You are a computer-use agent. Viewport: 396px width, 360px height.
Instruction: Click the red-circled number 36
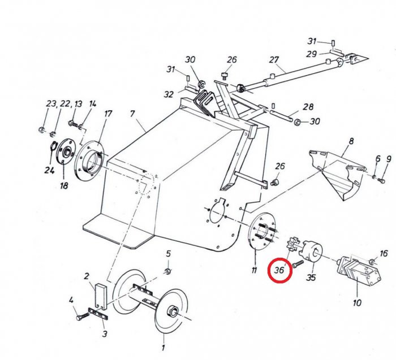click(x=279, y=270)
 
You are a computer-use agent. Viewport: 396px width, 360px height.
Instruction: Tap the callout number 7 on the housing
click(x=132, y=114)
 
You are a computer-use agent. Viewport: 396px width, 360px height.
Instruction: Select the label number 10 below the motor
click(x=357, y=302)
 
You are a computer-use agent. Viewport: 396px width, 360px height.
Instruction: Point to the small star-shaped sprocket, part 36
click(x=295, y=246)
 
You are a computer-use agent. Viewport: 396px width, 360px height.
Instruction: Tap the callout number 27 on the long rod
click(x=275, y=60)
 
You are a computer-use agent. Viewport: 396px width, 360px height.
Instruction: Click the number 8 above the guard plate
click(x=351, y=141)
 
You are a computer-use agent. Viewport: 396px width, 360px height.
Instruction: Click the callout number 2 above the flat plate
click(x=87, y=276)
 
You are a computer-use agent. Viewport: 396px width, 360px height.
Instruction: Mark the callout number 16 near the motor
click(x=384, y=253)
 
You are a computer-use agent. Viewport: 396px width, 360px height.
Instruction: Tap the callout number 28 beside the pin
click(x=308, y=107)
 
